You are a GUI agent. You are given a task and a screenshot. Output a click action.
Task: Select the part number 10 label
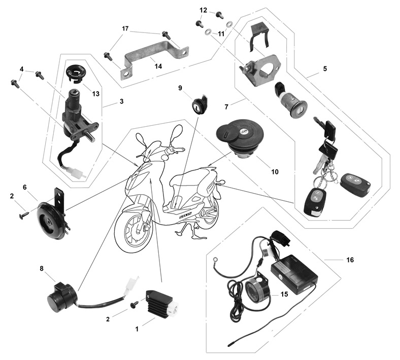(x=275, y=172)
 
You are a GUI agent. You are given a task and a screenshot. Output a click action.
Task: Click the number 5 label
(x=324, y=68)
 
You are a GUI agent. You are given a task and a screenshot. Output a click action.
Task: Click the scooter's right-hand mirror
(x=176, y=134)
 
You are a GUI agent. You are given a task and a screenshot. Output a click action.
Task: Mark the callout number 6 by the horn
(x=24, y=187)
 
